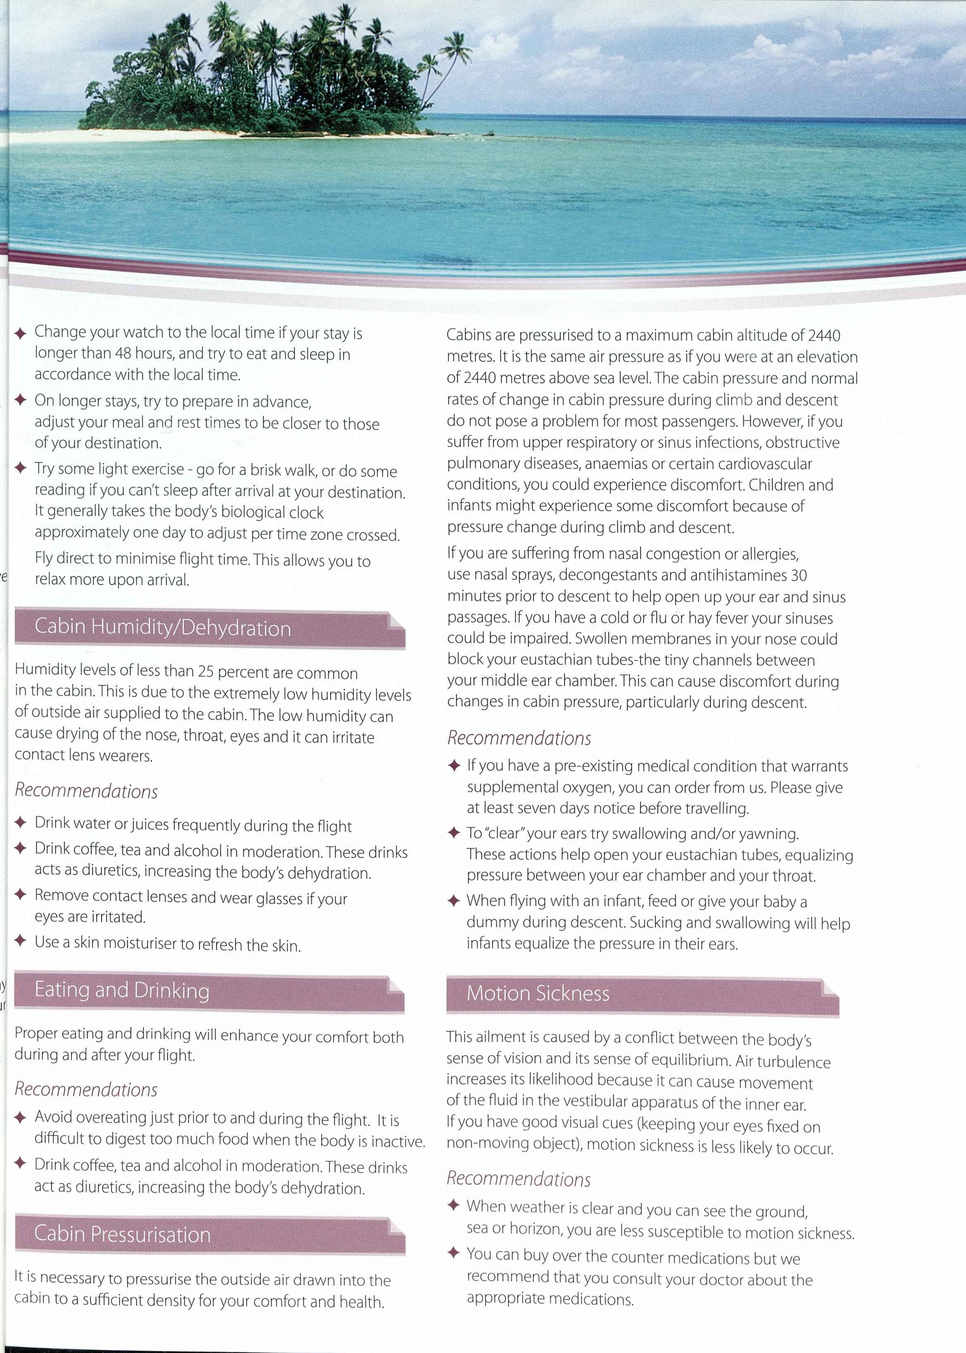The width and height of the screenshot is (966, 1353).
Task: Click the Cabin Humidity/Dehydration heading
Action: tap(162, 628)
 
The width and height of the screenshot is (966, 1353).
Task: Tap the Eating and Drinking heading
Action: tap(122, 990)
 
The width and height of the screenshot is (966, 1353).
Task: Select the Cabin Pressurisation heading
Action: tap(122, 1234)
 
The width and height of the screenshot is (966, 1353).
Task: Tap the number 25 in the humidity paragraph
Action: tap(205, 671)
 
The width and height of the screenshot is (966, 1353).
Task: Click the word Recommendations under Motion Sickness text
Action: tap(519, 1178)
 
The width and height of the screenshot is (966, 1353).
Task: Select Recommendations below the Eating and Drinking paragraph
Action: tap(86, 1089)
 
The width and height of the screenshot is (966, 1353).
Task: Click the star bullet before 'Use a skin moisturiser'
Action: tap(20, 941)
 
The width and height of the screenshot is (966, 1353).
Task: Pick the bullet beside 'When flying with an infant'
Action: tap(454, 900)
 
